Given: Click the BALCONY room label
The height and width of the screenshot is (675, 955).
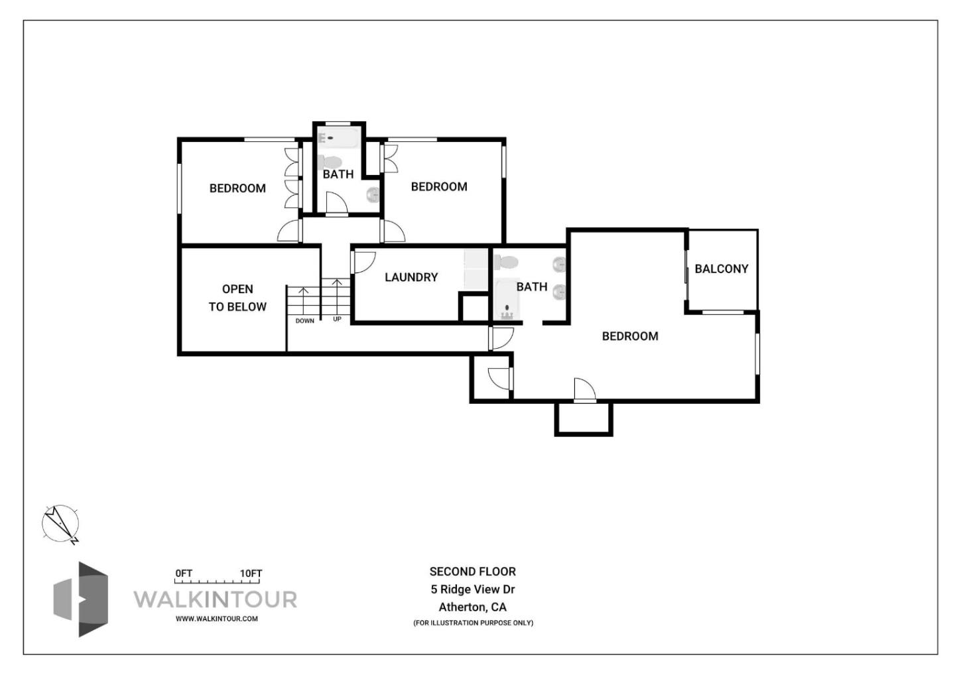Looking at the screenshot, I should pyautogui.click(x=721, y=269).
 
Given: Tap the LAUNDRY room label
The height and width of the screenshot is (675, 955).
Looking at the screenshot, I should pyautogui.click(x=411, y=277).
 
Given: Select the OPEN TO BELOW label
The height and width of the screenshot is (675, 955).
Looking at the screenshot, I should pyautogui.click(x=237, y=298).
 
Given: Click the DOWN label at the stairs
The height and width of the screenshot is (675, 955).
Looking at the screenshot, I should pyautogui.click(x=305, y=321).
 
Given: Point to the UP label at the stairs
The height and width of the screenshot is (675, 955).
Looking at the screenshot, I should pyautogui.click(x=337, y=320).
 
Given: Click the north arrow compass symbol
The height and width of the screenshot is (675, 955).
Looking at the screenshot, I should pyautogui.click(x=60, y=525).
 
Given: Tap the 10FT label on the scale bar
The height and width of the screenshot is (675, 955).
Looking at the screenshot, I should pyautogui.click(x=251, y=574).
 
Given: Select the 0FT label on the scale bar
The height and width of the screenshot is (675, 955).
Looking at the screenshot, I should pyautogui.click(x=184, y=574).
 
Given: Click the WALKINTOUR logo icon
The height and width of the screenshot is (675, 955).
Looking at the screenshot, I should pyautogui.click(x=81, y=599).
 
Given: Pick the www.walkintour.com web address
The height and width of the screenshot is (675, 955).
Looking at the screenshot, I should pyautogui.click(x=216, y=619).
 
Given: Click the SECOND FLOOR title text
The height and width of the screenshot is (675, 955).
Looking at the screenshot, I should pyautogui.click(x=472, y=572).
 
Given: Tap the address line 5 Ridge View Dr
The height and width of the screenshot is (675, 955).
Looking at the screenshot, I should pyautogui.click(x=472, y=589).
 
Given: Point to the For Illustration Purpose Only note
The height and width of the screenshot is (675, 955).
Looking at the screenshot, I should pyautogui.click(x=472, y=623).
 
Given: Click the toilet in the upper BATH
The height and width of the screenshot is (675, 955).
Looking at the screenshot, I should pyautogui.click(x=330, y=161).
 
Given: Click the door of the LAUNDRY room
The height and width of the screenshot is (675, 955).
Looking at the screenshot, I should pyautogui.click(x=363, y=262).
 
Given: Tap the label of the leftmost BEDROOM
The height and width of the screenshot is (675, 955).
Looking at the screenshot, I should pyautogui.click(x=237, y=188).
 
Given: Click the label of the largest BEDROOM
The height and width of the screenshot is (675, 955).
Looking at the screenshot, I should pyautogui.click(x=629, y=336).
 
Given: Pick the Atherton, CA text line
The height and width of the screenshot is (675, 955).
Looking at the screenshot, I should pyautogui.click(x=472, y=607).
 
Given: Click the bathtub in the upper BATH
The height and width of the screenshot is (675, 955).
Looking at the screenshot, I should pyautogui.click(x=338, y=137).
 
